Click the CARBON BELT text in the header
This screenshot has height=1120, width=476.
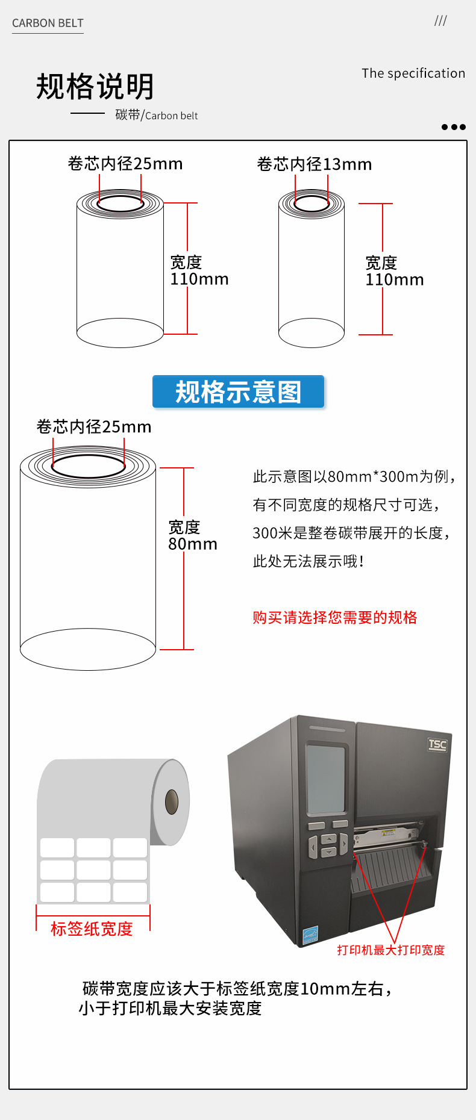pos(48,23)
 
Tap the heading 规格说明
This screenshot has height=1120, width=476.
pos(95,87)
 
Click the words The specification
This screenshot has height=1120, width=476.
pos(413,73)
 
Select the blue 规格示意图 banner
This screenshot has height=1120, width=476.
pos(238,392)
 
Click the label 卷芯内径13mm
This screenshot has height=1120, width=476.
pos(314,164)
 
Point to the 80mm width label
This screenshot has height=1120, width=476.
pos(193,544)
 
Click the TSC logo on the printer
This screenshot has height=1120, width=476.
pos(437,744)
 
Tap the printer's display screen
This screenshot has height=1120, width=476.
pos(326,778)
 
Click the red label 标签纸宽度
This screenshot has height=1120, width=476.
pos(92,929)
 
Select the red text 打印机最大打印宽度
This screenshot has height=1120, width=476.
pos(390,950)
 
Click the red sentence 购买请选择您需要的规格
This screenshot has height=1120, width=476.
pos(335,617)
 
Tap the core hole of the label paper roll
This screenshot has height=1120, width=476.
pos(172,802)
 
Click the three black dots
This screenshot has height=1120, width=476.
pos(453,127)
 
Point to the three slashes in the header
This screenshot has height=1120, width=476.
pos(440,21)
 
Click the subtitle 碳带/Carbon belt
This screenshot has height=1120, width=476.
pos(157,115)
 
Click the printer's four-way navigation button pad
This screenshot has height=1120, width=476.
pos(328,845)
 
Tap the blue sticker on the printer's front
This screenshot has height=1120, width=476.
pos(310,935)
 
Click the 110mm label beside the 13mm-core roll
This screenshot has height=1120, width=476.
pos(395,279)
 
